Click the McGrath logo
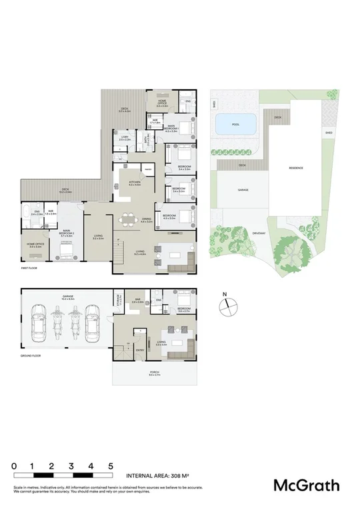click(307, 485)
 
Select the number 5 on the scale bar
click(111, 466)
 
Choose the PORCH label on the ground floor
click(155, 374)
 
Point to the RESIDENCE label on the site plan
click(296, 168)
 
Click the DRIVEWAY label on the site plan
click(259, 233)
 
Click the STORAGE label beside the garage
click(117, 300)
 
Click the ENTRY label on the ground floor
click(141, 349)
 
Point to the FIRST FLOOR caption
click(29, 268)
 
